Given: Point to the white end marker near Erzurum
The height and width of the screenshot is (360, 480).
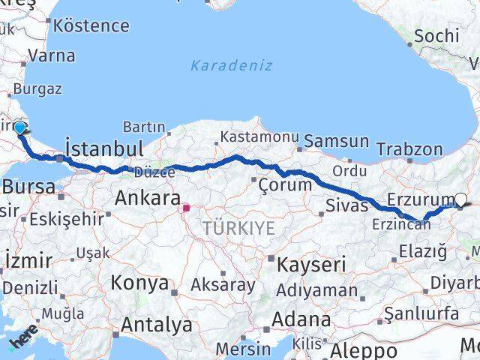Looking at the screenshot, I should (460, 199).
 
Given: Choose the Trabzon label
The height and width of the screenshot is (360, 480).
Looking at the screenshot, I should (409, 149).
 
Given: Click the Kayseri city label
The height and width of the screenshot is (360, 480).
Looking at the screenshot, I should (311, 264).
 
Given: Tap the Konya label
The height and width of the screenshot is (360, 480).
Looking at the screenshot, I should (139, 283).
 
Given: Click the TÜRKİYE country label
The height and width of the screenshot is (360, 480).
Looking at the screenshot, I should (239, 226).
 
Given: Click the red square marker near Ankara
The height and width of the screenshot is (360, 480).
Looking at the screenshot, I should (185, 205).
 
